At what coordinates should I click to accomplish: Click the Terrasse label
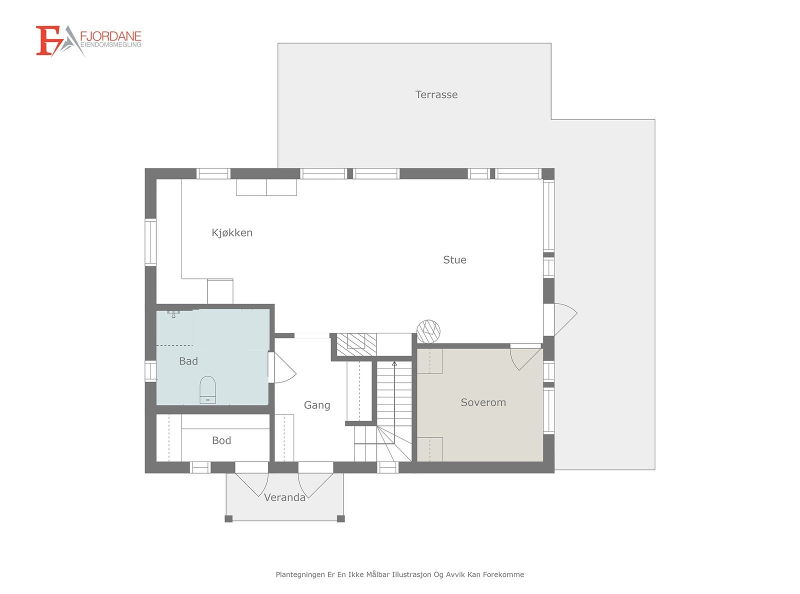tap(436, 94)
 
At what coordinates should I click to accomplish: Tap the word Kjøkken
tap(232, 232)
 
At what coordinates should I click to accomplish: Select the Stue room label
tap(454, 259)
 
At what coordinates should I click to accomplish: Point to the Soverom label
tap(483, 402)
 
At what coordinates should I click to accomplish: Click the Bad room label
tap(188, 361)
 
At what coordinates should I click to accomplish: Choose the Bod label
tap(221, 440)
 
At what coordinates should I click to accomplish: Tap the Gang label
tap(316, 405)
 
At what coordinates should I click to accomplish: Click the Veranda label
tap(284, 497)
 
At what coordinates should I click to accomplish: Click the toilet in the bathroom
tap(207, 389)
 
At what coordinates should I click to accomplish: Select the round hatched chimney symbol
tap(428, 331)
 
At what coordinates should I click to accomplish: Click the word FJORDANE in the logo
tap(110, 36)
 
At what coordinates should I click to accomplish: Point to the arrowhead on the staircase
tap(394, 363)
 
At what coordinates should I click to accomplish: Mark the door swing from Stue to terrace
tap(569, 317)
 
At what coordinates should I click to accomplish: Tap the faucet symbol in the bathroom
tap(173, 314)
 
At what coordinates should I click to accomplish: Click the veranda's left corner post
tap(228, 518)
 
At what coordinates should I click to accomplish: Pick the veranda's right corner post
tap(341, 518)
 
